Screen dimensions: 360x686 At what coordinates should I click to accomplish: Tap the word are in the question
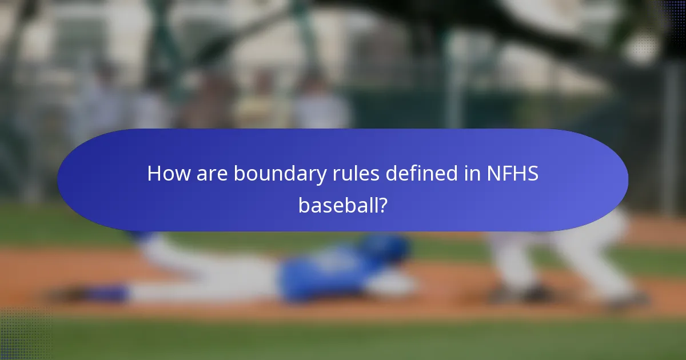coord(212,174)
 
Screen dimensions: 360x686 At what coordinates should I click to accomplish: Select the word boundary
coord(281,174)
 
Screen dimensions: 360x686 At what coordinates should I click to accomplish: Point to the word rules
coord(356,174)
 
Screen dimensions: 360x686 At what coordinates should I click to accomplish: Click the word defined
coord(420,174)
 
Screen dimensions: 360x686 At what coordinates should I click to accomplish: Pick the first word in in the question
coord(470,174)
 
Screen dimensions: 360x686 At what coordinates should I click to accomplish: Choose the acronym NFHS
coord(512,174)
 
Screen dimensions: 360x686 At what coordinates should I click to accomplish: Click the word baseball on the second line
coord(337,205)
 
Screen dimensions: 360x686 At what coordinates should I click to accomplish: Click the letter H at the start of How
coord(154,174)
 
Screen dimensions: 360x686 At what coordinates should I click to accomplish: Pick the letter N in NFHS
coord(493,174)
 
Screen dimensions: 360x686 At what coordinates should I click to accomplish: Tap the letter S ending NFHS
coord(532,174)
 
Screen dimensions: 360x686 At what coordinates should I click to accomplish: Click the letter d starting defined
coord(392,174)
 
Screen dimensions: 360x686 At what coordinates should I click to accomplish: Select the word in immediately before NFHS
coord(470,174)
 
